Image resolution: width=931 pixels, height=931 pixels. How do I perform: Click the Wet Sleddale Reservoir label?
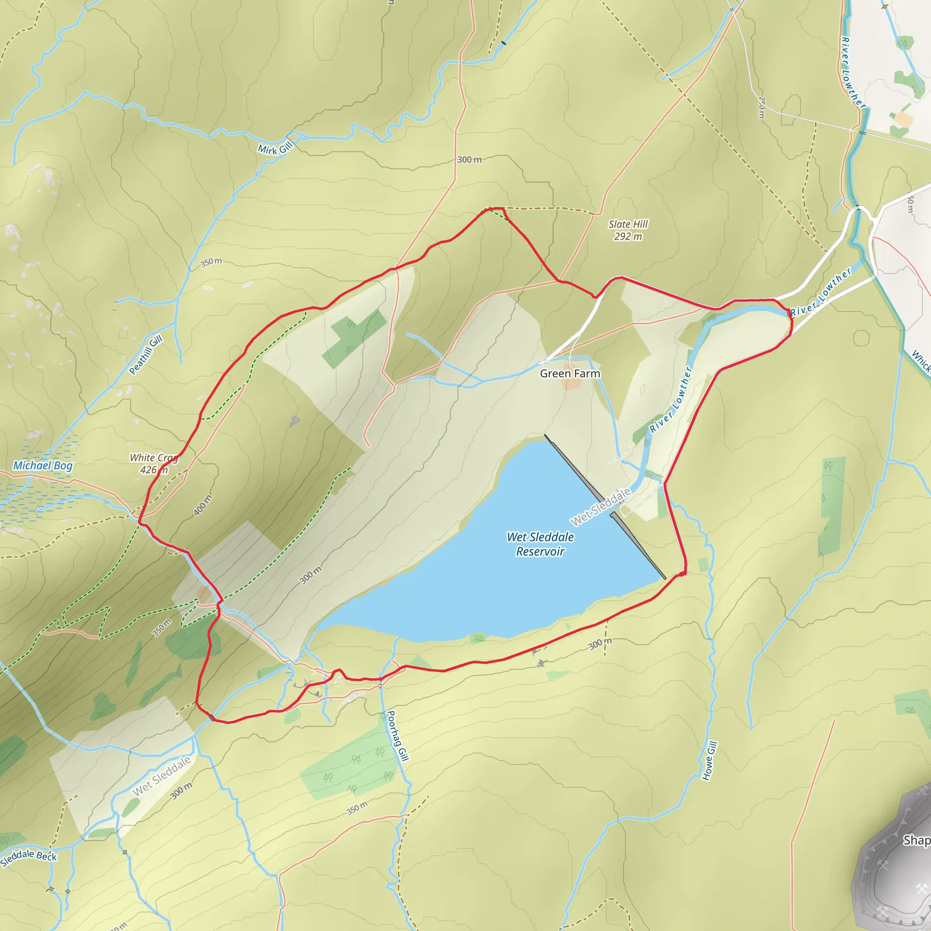tap(540, 544)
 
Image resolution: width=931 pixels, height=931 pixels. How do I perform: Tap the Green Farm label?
tap(570, 374)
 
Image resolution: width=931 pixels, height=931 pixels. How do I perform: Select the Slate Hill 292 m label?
tap(628, 230)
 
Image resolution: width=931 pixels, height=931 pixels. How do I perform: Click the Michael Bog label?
tap(43, 465)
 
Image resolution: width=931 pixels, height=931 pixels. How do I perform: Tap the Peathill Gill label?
tap(145, 355)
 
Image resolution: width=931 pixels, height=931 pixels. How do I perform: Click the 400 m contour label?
tap(203, 506)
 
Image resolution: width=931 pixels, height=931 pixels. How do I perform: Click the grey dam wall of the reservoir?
tap(605, 506)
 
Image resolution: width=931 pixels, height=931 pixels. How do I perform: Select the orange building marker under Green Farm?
tap(571, 384)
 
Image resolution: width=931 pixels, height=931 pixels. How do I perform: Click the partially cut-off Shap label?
tap(916, 841)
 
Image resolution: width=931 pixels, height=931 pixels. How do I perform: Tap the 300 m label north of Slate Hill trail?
tap(469, 160)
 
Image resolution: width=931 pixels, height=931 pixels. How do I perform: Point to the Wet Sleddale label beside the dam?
tap(601, 506)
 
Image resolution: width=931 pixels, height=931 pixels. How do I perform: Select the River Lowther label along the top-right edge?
tap(853, 72)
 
